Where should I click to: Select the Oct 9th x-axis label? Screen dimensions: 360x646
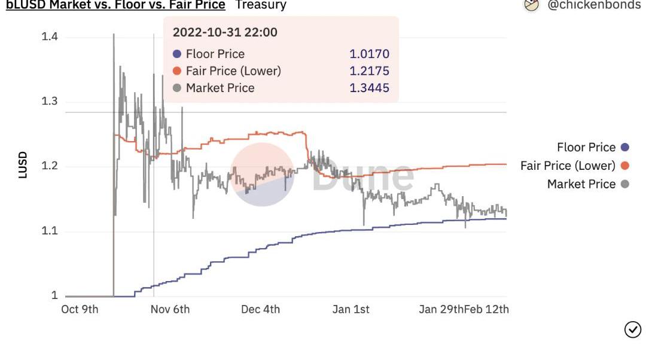(x=80, y=309)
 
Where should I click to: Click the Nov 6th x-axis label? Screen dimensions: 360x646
(x=170, y=309)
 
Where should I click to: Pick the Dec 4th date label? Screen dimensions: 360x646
(x=260, y=309)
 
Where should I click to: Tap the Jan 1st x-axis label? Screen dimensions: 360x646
(x=351, y=309)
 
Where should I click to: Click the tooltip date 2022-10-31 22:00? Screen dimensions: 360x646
(x=225, y=32)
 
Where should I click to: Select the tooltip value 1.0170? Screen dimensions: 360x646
(x=369, y=54)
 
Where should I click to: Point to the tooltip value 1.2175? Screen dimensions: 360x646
(x=369, y=71)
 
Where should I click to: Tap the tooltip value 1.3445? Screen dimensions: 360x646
(x=369, y=88)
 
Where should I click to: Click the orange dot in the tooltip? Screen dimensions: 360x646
(x=176, y=71)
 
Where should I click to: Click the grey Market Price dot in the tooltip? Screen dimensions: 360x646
(x=176, y=88)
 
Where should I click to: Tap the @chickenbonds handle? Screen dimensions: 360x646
(x=593, y=5)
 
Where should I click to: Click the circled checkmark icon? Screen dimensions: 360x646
(x=632, y=329)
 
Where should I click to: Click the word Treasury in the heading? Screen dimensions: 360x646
(x=261, y=5)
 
